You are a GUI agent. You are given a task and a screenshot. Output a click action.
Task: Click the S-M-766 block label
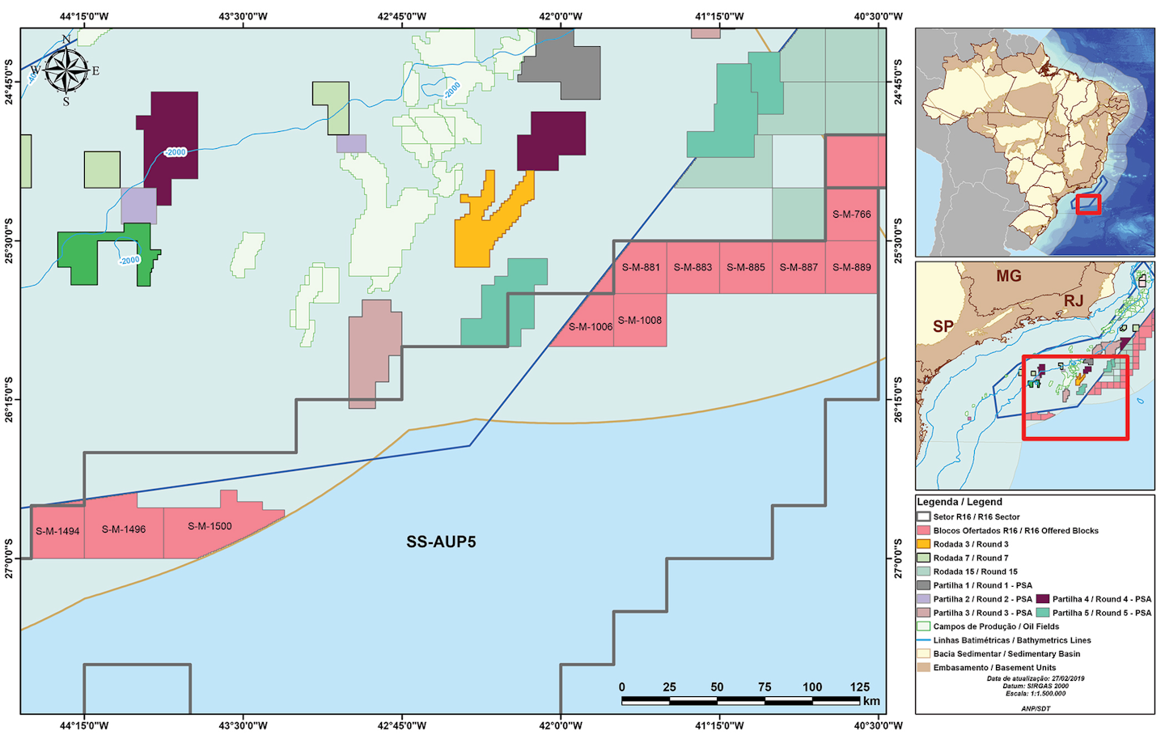(x=851, y=215)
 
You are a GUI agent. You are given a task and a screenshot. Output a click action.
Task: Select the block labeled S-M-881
(x=640, y=267)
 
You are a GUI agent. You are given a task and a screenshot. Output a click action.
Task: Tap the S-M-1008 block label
(x=639, y=321)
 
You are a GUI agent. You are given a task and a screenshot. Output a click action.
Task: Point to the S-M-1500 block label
(x=210, y=526)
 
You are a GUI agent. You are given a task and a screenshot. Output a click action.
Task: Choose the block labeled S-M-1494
(x=57, y=532)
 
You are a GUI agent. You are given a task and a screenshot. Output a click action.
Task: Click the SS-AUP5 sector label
(x=441, y=542)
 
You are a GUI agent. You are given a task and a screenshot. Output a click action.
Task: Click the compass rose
(x=66, y=71)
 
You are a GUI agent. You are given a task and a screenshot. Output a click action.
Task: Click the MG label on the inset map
(x=1008, y=276)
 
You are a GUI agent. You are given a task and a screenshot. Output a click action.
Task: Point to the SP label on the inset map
(x=943, y=327)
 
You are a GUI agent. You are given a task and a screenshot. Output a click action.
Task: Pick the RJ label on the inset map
(x=1073, y=301)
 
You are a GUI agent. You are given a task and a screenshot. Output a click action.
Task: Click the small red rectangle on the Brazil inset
(x=1088, y=204)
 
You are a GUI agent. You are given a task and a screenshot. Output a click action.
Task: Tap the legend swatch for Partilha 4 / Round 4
(x=1042, y=599)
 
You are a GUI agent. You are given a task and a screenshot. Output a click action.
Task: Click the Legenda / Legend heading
(x=959, y=502)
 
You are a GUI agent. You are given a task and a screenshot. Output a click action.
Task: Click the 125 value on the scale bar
(x=859, y=686)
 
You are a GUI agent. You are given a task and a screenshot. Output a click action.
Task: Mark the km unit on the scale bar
(x=871, y=701)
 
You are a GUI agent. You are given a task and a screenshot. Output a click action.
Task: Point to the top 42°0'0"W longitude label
(x=561, y=16)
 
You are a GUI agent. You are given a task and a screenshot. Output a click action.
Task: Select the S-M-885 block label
(x=745, y=267)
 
